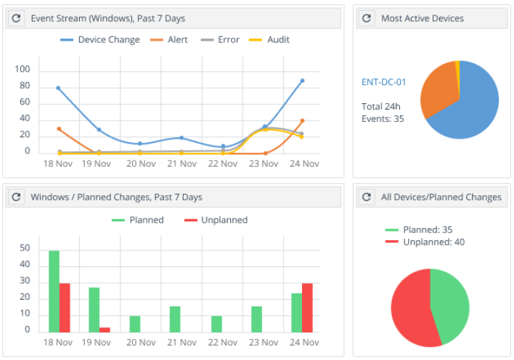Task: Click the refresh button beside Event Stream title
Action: [17, 18]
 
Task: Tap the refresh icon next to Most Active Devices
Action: [367, 18]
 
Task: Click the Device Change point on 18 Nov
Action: [58, 88]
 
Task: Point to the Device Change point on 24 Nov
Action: [302, 81]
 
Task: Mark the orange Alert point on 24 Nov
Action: [302, 120]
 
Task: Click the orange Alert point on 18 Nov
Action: [58, 129]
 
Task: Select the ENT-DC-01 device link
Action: [383, 82]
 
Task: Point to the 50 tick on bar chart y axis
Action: [25, 248]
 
